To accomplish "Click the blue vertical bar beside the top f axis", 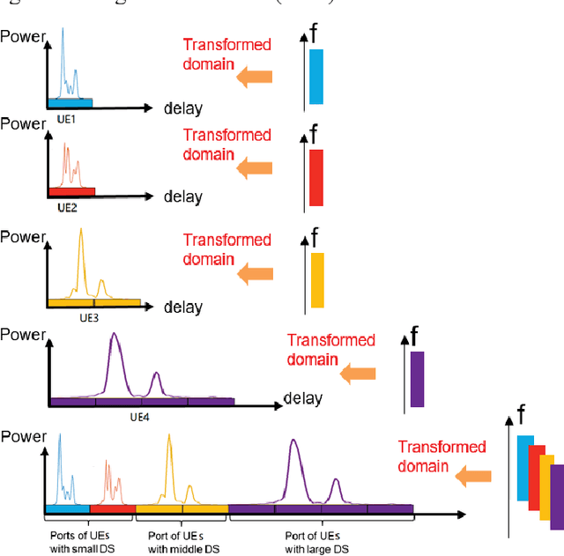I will pyautogui.click(x=316, y=77).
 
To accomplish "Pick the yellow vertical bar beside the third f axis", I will pyautogui.click(x=317, y=280).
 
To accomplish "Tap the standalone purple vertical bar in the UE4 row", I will pyautogui.click(x=417, y=379).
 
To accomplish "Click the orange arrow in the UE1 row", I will pyautogui.click(x=254, y=78).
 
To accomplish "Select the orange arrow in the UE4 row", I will pyautogui.click(x=358, y=374).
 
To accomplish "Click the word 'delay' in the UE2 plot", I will pyautogui.click(x=182, y=196).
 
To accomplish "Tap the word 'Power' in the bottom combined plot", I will pyautogui.click(x=22, y=436).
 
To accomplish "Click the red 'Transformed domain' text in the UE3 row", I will pyautogui.click(x=226, y=249).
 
